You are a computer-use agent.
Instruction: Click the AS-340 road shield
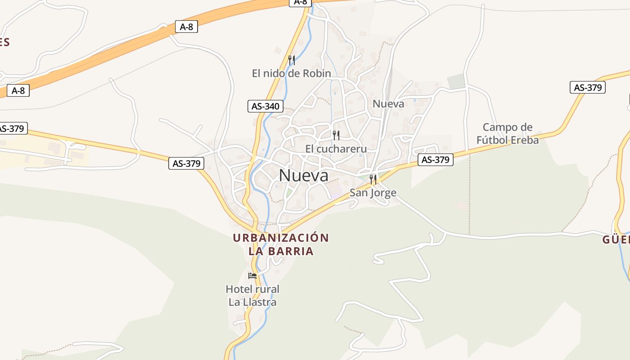(x=265, y=107)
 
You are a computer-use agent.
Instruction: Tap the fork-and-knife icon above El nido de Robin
(x=292, y=60)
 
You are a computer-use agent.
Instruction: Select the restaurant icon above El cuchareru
(x=336, y=135)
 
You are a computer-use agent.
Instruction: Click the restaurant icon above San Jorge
(x=373, y=180)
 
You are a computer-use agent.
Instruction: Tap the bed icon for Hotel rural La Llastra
(x=252, y=275)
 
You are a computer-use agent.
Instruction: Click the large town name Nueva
(x=304, y=175)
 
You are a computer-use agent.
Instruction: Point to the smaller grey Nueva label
(x=388, y=104)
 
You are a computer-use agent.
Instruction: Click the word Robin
(x=317, y=73)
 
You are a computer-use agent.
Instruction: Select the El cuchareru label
(x=336, y=148)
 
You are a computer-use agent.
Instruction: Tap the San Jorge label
(x=373, y=193)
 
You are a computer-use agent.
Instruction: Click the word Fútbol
(x=492, y=140)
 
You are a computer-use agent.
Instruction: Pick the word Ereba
(x=524, y=140)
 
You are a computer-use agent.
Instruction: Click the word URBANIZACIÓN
(x=281, y=238)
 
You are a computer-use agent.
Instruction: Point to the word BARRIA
(x=291, y=251)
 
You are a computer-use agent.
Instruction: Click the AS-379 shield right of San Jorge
(x=435, y=160)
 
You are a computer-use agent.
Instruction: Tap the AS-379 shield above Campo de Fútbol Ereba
(x=587, y=87)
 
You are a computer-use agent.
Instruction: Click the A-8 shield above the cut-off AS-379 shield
(x=18, y=91)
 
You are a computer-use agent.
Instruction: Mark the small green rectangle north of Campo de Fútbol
(x=456, y=81)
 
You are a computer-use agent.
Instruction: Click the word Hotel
(x=240, y=289)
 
